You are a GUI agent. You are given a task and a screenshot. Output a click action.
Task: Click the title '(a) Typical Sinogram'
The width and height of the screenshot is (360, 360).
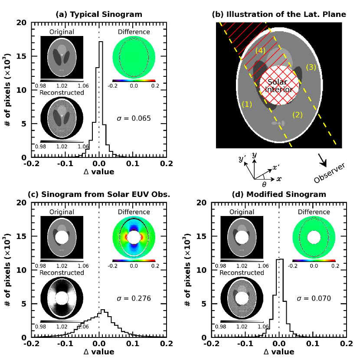point(99,14)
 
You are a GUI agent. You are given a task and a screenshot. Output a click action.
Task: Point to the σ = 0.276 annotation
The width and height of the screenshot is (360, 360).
point(134,298)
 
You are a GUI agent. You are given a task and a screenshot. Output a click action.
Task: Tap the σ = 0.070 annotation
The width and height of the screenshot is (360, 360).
point(314,298)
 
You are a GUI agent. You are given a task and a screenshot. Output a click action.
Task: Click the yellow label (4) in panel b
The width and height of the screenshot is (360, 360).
point(260,50)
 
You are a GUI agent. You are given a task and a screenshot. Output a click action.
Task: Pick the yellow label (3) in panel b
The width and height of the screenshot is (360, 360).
point(311,67)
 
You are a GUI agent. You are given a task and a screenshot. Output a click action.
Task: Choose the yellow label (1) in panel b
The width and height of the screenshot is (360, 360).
point(246,104)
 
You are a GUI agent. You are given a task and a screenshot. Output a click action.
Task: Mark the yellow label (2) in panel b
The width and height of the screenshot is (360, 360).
point(297,115)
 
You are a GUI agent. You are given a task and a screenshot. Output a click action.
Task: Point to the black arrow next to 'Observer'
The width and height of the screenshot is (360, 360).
point(323,159)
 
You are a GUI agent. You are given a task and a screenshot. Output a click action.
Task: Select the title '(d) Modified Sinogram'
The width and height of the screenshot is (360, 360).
point(278,194)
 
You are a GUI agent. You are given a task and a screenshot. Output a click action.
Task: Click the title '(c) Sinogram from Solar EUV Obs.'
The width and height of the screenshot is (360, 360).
point(99,194)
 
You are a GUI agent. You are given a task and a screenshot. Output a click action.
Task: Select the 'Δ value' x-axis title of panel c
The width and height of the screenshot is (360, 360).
point(99,351)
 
